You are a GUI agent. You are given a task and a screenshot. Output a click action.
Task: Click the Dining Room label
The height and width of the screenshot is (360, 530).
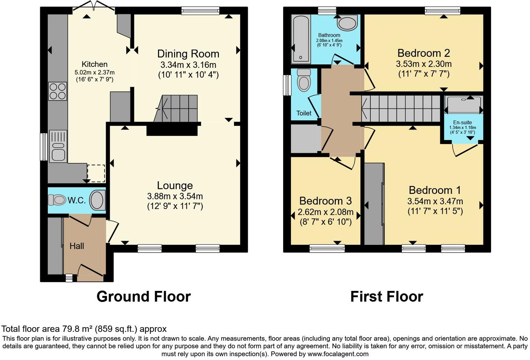click(x=188, y=54)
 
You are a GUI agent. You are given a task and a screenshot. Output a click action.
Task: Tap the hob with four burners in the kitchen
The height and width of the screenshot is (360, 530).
click(x=58, y=91)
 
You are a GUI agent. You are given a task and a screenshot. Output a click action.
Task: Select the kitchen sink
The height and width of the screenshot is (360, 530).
click(x=58, y=146)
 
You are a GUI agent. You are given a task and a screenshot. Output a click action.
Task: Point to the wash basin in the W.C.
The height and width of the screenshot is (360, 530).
click(x=97, y=200)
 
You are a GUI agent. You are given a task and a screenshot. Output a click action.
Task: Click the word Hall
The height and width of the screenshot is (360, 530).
click(x=77, y=246)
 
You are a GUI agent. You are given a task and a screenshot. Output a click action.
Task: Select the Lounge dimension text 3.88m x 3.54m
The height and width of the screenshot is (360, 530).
click(x=175, y=196)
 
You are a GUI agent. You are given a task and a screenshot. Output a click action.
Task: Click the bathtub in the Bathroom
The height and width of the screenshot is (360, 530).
click(x=301, y=39)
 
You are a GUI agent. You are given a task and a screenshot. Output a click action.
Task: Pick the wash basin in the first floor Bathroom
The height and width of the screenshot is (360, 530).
click(x=347, y=23)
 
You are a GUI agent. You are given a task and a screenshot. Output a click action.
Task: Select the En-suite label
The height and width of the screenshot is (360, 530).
click(x=462, y=122)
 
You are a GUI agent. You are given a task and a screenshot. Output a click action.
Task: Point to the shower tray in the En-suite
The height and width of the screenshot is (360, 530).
click(x=464, y=105)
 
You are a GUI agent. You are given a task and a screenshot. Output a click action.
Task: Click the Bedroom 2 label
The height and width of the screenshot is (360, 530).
click(x=423, y=53)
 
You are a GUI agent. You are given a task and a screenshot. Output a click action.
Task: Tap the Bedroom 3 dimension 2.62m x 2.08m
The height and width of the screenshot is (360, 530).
click(x=325, y=212)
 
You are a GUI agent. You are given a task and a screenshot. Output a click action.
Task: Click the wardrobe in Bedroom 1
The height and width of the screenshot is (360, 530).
click(x=374, y=204)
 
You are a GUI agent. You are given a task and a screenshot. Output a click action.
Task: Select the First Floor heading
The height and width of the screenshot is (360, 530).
click(x=386, y=297)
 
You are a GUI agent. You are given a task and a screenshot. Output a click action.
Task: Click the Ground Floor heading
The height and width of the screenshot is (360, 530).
click(x=143, y=297)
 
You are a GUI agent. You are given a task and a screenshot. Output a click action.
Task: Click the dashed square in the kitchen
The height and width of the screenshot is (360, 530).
click(x=96, y=173)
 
